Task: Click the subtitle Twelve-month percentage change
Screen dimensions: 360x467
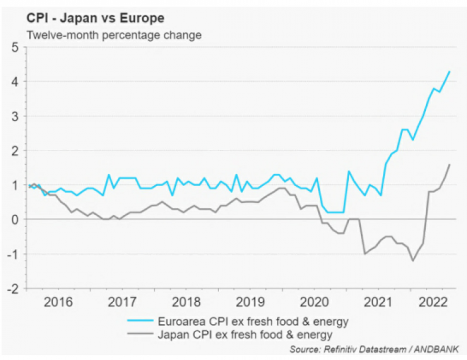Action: (114, 35)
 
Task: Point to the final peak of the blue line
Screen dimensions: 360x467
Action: (449, 71)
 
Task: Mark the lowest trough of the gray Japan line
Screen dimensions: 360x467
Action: (413, 260)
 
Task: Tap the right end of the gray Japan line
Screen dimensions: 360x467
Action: (449, 165)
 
